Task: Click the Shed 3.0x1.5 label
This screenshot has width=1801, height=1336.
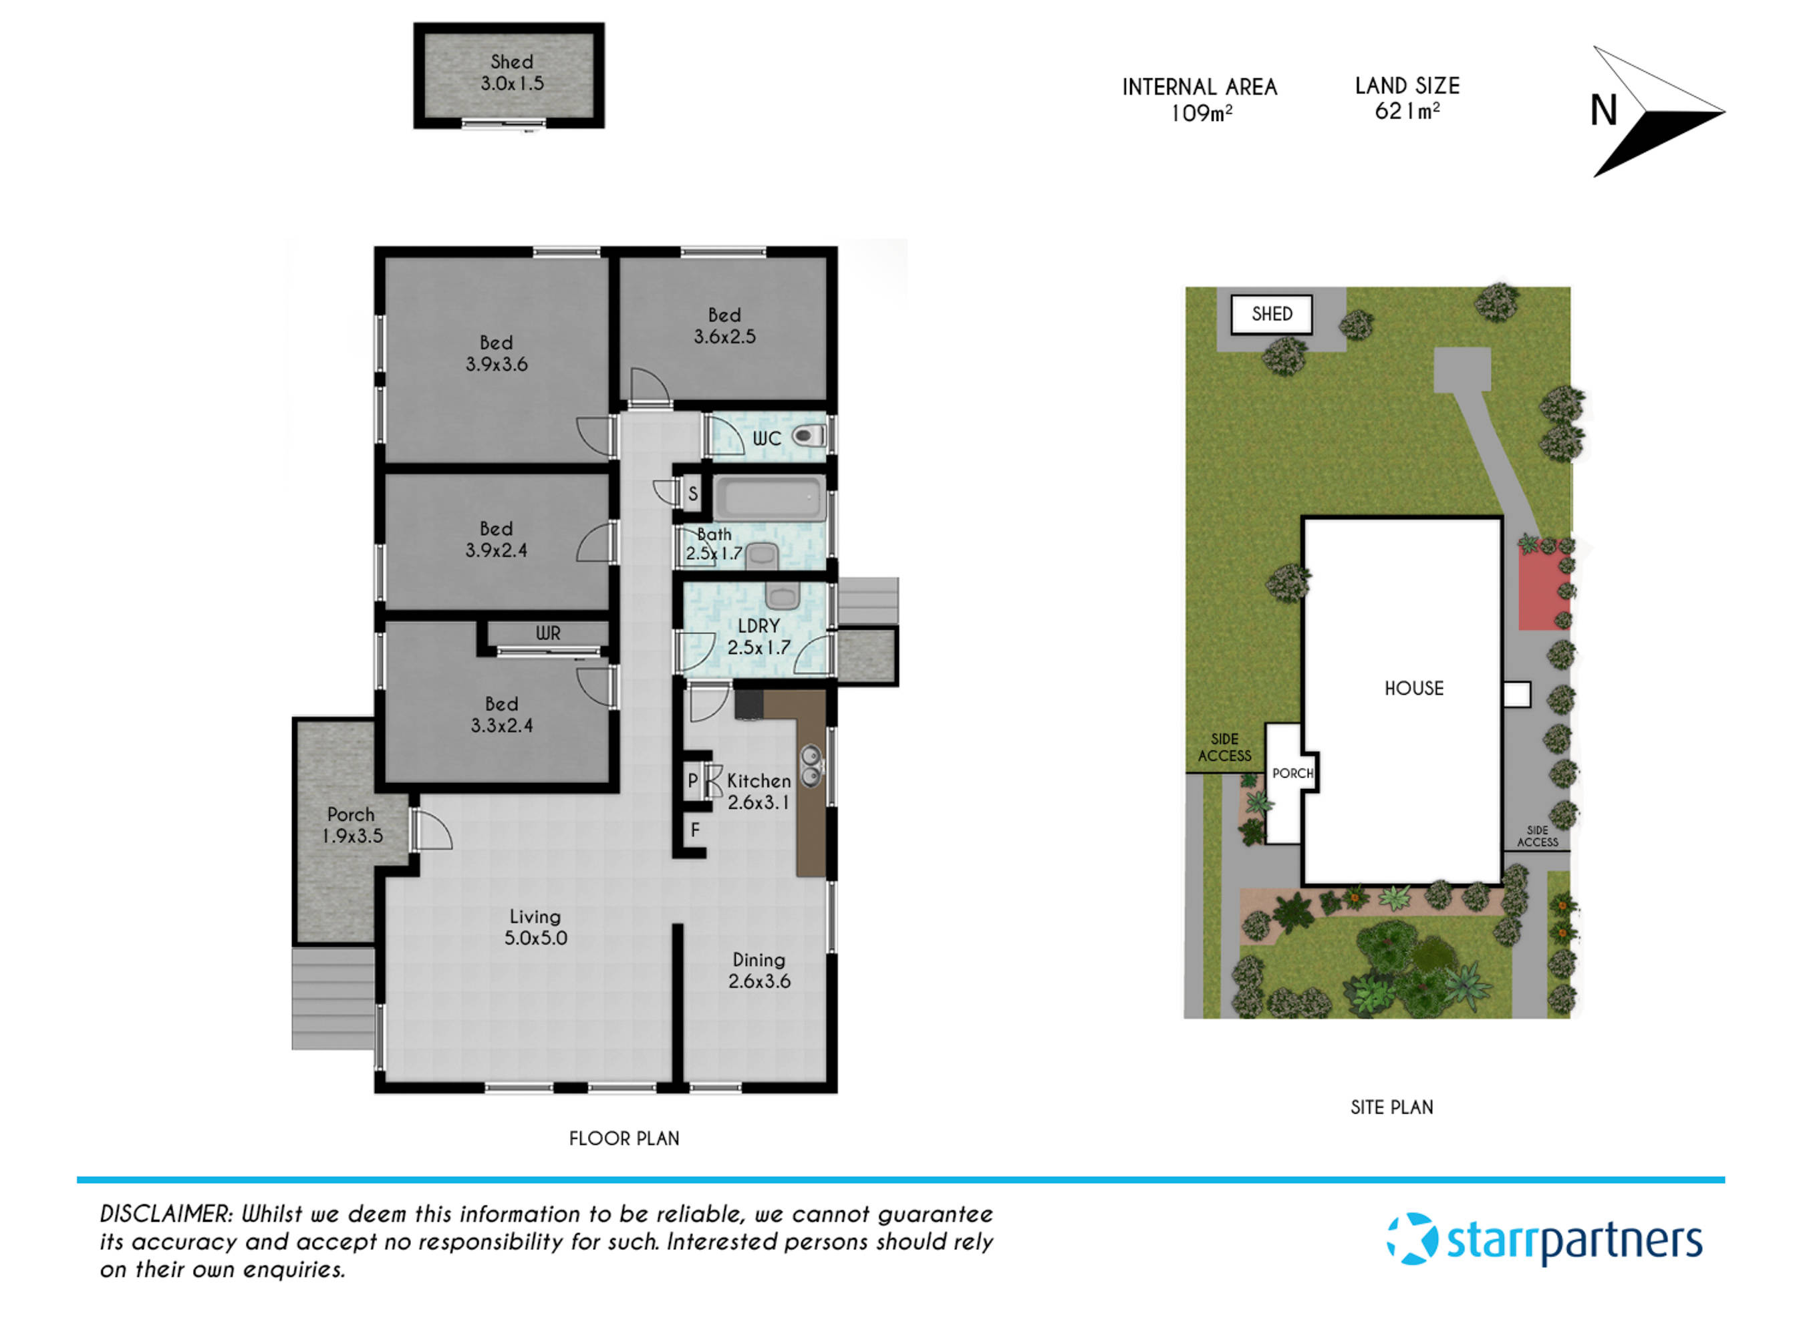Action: pyautogui.click(x=511, y=73)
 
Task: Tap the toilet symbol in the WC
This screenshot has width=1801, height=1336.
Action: pyautogui.click(x=807, y=437)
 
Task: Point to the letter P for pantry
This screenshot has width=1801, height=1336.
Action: pyautogui.click(x=692, y=781)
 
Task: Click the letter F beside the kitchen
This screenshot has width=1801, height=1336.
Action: pyautogui.click(x=695, y=830)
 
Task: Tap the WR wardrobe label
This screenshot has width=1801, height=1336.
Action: pyautogui.click(x=548, y=633)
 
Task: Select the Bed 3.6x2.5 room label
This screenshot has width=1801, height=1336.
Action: pyautogui.click(x=724, y=326)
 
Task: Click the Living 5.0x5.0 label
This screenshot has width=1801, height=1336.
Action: pyautogui.click(x=535, y=927)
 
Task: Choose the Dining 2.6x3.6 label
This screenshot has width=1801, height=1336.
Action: pyautogui.click(x=759, y=970)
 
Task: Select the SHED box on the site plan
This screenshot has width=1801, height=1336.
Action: pyautogui.click(x=1271, y=315)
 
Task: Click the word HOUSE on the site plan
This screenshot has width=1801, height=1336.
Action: pyautogui.click(x=1413, y=688)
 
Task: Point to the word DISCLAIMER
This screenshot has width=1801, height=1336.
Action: pyautogui.click(x=166, y=1214)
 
